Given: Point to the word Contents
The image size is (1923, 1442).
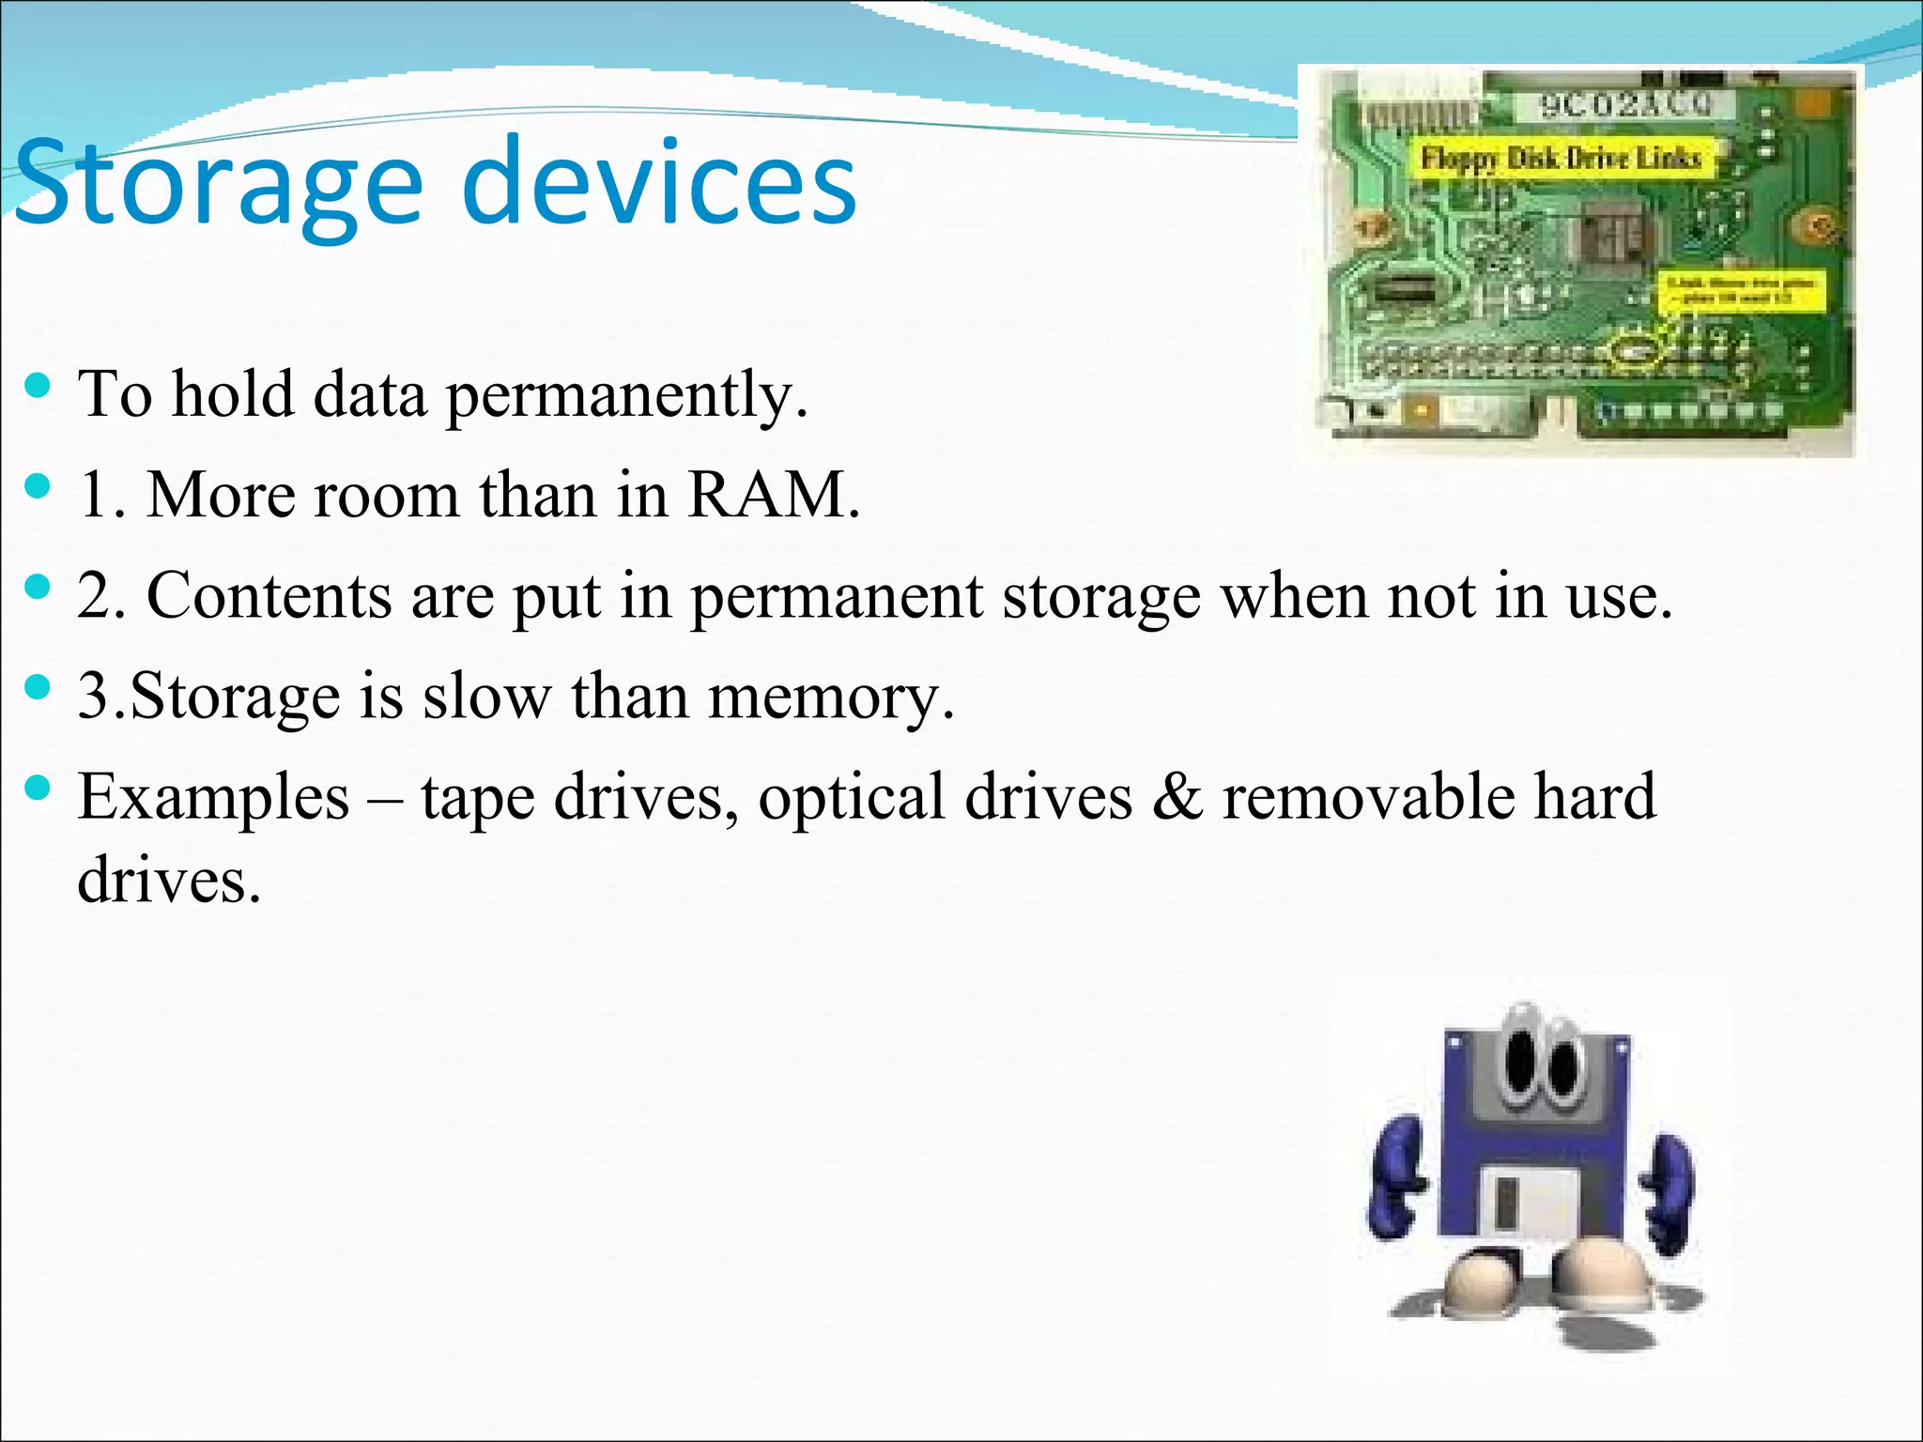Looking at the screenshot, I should pyautogui.click(x=269, y=595).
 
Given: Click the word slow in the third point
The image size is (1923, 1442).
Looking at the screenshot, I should pyautogui.click(x=485, y=697).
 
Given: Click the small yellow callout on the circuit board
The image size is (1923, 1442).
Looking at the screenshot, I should pyautogui.click(x=1743, y=289).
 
